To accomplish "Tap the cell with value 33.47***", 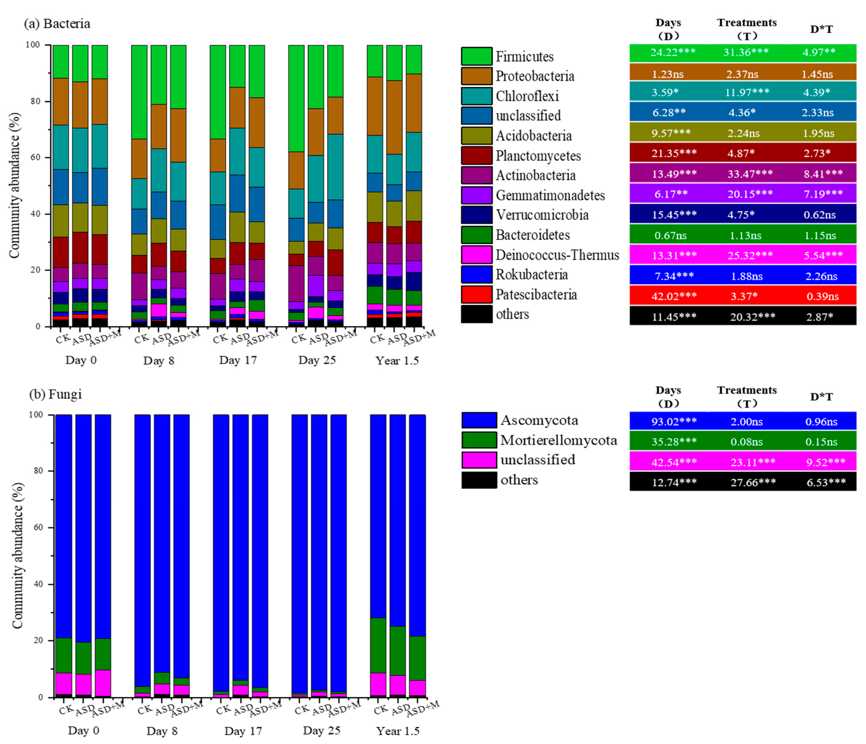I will coord(750,174).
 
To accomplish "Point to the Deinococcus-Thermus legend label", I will coord(557,255).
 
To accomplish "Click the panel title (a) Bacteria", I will coord(57,23).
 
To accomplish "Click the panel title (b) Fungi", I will coord(56,394).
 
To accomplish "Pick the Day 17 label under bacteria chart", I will coord(238,360).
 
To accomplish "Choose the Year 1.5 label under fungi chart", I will coord(397,731).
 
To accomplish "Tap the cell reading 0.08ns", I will coord(746,441).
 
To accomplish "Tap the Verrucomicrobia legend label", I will coord(542,215).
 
